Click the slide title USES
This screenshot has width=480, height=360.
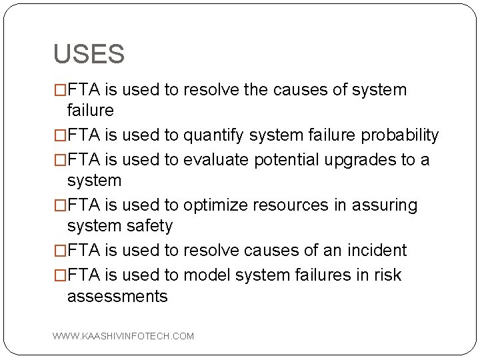tap(89, 55)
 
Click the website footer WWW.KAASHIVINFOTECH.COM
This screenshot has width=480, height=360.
tap(123, 336)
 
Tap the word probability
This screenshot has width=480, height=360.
tap(399, 135)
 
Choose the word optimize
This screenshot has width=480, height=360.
tap(215, 205)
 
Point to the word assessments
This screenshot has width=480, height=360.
tap(117, 296)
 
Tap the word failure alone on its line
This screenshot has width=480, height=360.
tap(91, 110)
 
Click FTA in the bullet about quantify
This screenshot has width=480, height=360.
tap(83, 135)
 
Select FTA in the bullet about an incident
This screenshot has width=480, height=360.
tap(83, 251)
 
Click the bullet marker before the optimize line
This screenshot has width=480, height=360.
tap(60, 205)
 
